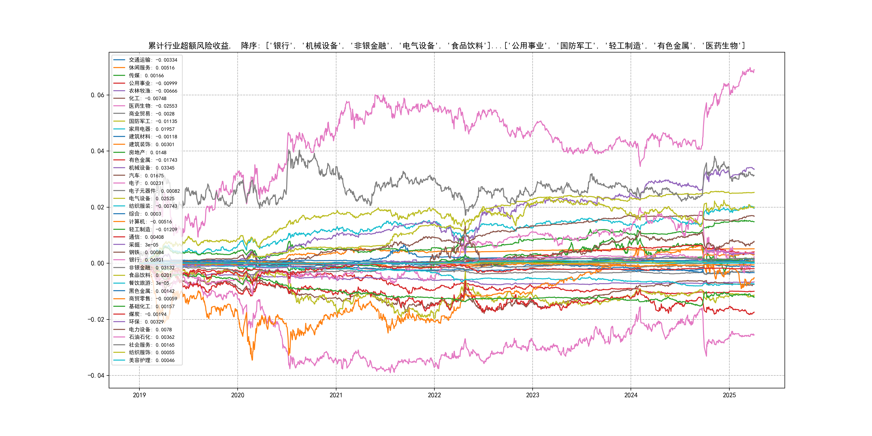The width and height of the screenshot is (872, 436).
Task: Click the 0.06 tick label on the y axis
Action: coord(97,95)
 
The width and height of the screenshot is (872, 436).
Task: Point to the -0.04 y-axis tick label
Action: coord(96,375)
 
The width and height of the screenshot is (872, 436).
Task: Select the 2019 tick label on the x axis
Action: coord(139,395)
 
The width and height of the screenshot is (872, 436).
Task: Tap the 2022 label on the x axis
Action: coord(434,395)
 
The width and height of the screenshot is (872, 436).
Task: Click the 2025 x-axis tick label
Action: coord(729,395)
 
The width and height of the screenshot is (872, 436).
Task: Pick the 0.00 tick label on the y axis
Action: coord(97,263)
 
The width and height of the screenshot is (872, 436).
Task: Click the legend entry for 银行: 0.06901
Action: coord(146,260)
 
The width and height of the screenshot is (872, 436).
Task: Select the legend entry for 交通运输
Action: coord(153,60)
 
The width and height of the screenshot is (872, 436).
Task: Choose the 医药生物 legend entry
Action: coord(153,106)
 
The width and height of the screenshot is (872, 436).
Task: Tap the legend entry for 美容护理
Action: coord(151,360)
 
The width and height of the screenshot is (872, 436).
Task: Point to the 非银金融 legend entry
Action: coord(151,268)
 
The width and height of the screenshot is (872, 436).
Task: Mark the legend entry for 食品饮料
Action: coord(150,275)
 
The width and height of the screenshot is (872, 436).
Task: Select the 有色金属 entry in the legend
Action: coord(153,160)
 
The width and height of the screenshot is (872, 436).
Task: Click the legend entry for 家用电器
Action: coord(151,129)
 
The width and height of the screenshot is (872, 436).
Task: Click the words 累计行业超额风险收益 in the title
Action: coord(189,46)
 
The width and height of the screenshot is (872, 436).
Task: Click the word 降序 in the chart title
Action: coord(249,46)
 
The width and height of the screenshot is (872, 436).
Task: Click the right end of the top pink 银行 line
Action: coord(754,70)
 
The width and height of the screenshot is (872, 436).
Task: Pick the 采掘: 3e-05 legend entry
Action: coord(143,245)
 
